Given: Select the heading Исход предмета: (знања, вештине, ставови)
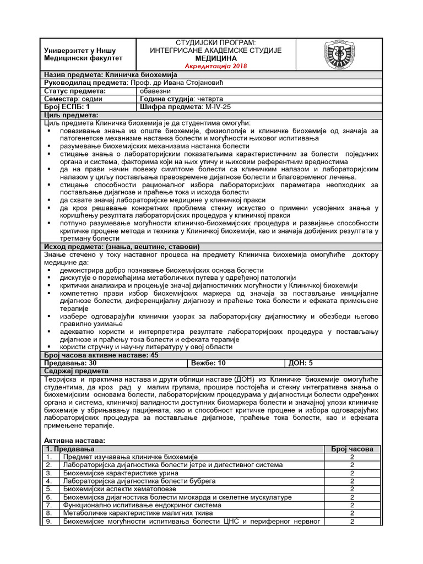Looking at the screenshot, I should coord(121,246).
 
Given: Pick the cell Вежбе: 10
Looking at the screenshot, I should coord(208,363).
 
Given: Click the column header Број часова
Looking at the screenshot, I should coord(352,449).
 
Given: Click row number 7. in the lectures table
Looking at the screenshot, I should coord(50,504).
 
